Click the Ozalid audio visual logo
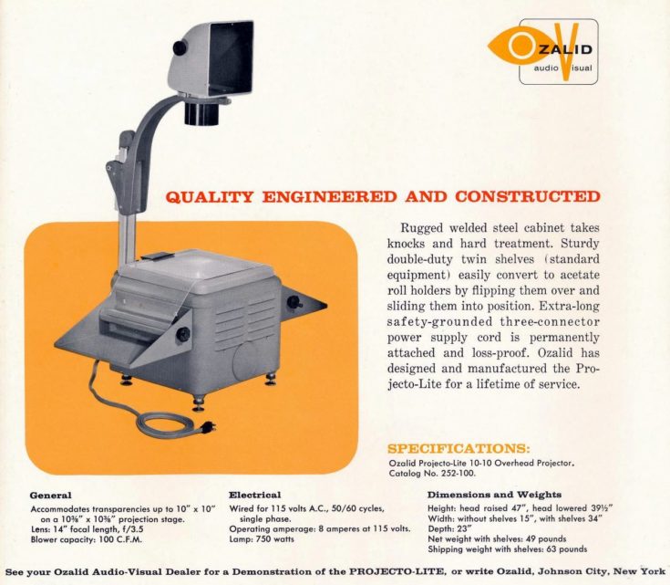[543, 52]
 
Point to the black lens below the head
[201, 112]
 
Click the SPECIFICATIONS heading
[459, 448]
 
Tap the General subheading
[51, 496]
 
